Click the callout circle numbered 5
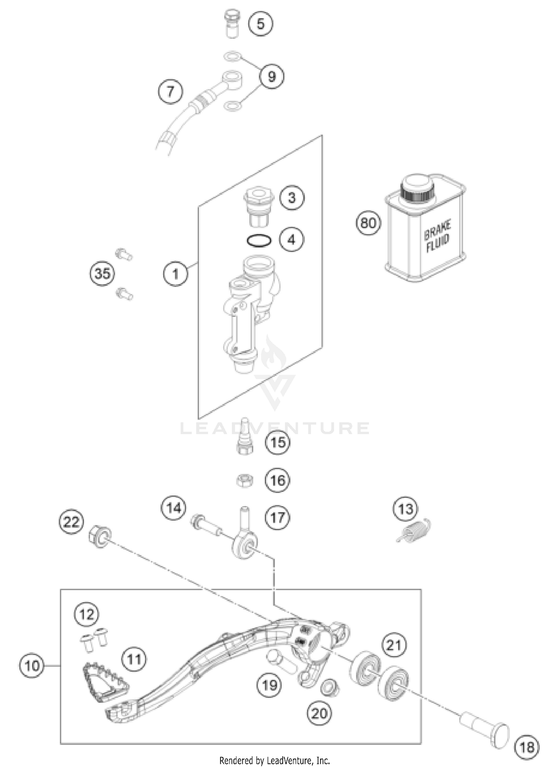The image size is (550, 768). pos(260,24)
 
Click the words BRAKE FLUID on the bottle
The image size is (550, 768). pos(437,235)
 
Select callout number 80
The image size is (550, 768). pos(368,223)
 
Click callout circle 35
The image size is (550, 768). pos(102,273)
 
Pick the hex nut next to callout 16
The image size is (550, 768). pos(244,480)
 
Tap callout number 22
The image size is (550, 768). pos(71,521)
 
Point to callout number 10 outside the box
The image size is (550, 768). pos(32,665)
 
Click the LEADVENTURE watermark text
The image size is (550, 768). pos(275,428)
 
